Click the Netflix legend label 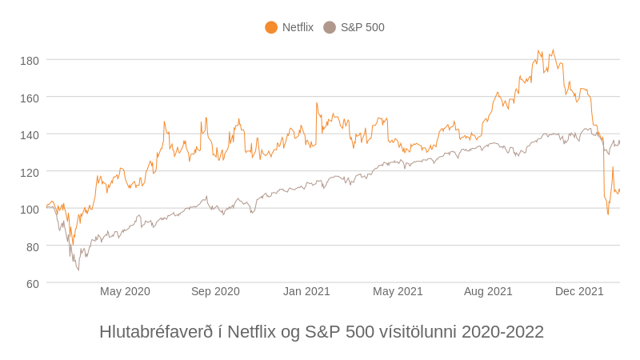(298, 27)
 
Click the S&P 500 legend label (362, 27)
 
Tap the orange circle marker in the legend (271, 27)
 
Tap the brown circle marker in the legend (330, 27)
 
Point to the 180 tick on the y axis (30, 60)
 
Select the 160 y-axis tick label (30, 98)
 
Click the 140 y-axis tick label (30, 134)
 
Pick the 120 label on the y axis (30, 172)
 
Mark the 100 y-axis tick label (30, 209)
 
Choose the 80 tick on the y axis (32, 246)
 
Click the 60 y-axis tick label (32, 283)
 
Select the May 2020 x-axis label (125, 291)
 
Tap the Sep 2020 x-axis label (215, 291)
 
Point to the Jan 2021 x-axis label (306, 291)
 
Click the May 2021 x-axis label (398, 291)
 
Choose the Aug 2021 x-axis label (488, 291)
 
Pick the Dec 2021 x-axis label (579, 291)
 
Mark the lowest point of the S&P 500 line (78, 270)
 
